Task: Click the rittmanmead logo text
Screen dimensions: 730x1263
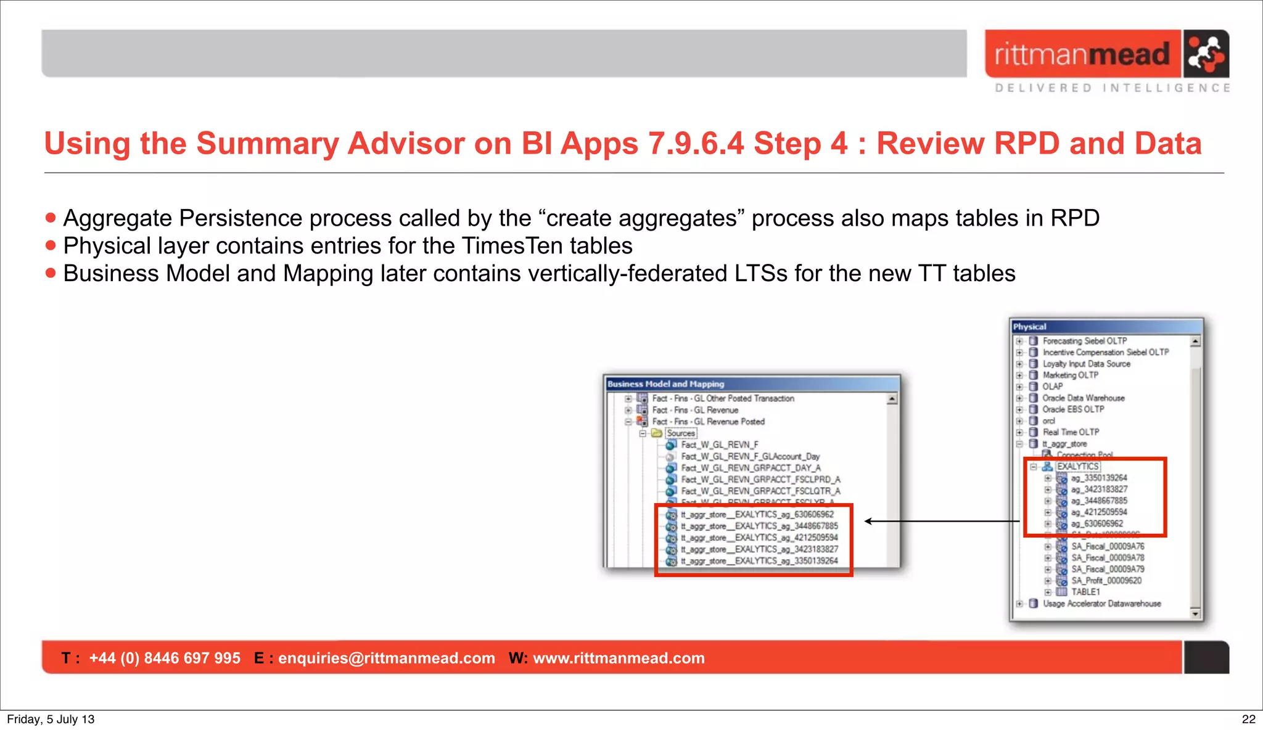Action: point(1082,54)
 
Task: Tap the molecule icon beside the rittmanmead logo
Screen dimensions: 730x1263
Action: point(1206,54)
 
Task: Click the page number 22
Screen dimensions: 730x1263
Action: point(1248,719)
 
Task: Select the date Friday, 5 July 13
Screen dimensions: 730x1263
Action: point(51,719)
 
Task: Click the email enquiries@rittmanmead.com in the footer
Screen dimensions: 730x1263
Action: point(386,658)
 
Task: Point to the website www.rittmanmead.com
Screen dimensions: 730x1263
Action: point(618,658)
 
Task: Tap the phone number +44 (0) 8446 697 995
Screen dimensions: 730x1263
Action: point(165,658)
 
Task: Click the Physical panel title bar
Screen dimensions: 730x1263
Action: point(1106,327)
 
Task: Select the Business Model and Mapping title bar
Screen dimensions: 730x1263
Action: point(751,383)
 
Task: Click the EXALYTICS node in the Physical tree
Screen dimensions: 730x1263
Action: point(1077,466)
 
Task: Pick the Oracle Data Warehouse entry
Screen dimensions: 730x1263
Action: point(1083,398)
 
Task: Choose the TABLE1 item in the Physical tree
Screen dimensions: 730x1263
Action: point(1085,592)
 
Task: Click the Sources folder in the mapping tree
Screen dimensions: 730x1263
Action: point(680,433)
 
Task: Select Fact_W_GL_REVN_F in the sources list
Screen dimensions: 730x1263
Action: point(719,445)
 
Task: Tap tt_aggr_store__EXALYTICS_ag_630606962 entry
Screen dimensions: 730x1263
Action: point(757,514)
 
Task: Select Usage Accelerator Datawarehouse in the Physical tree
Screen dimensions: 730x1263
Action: point(1101,604)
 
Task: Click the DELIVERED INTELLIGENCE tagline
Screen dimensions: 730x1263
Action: point(1112,88)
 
